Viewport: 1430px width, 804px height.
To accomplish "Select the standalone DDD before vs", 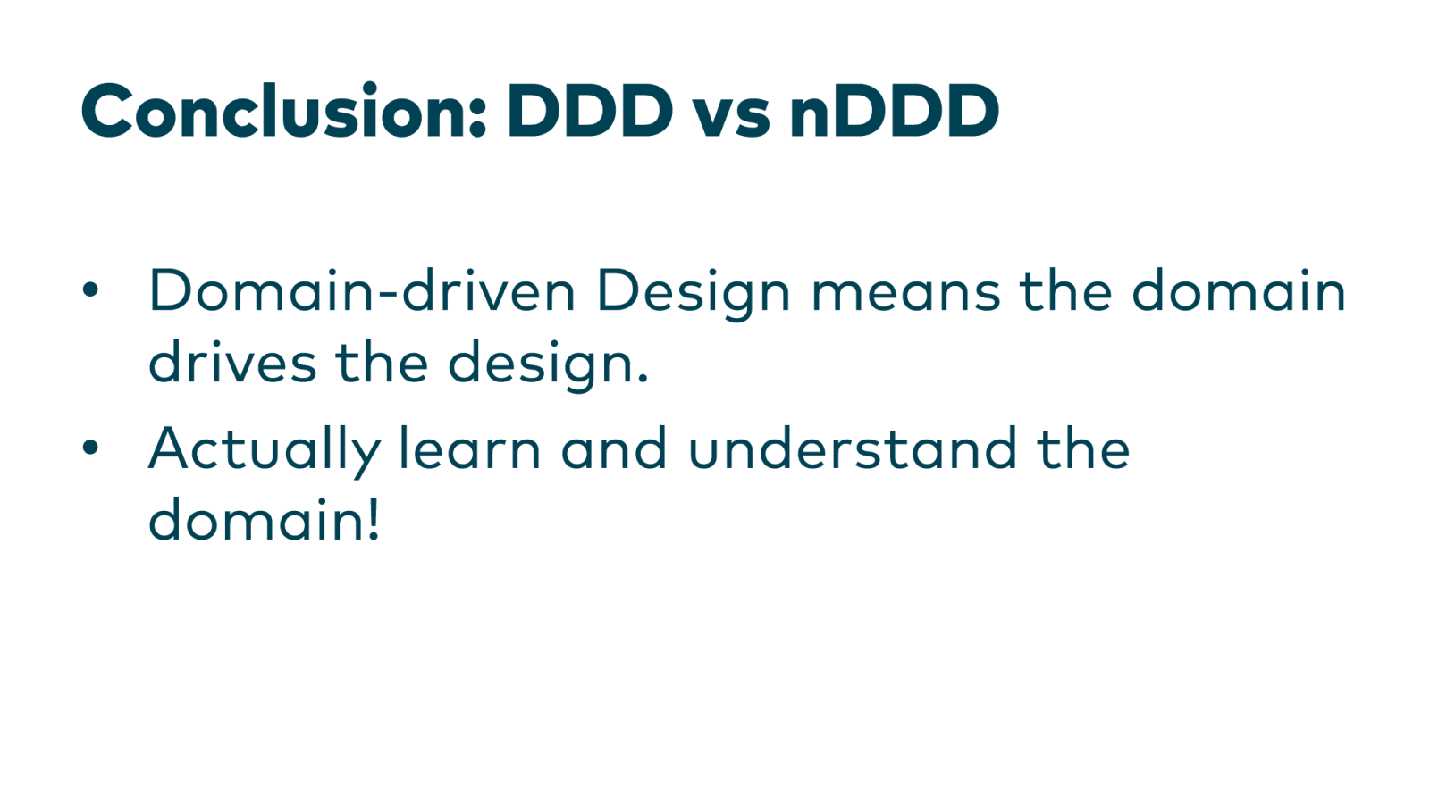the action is coord(590,111).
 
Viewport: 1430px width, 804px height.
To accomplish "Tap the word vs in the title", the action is coord(732,117).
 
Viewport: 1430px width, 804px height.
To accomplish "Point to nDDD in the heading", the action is coord(895,111).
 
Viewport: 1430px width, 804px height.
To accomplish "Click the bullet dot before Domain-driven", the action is coord(90,289).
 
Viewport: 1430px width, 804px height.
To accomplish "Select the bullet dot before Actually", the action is coord(90,448).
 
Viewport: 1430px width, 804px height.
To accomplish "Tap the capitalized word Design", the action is coord(694,294).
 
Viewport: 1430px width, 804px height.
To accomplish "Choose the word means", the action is coord(905,297).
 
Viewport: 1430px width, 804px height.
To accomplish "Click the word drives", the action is coord(232,362).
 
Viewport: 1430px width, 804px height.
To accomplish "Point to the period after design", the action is coord(642,379).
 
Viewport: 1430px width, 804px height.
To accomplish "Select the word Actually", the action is coord(265,451).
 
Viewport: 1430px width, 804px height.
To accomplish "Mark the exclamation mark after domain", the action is coord(374,519).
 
